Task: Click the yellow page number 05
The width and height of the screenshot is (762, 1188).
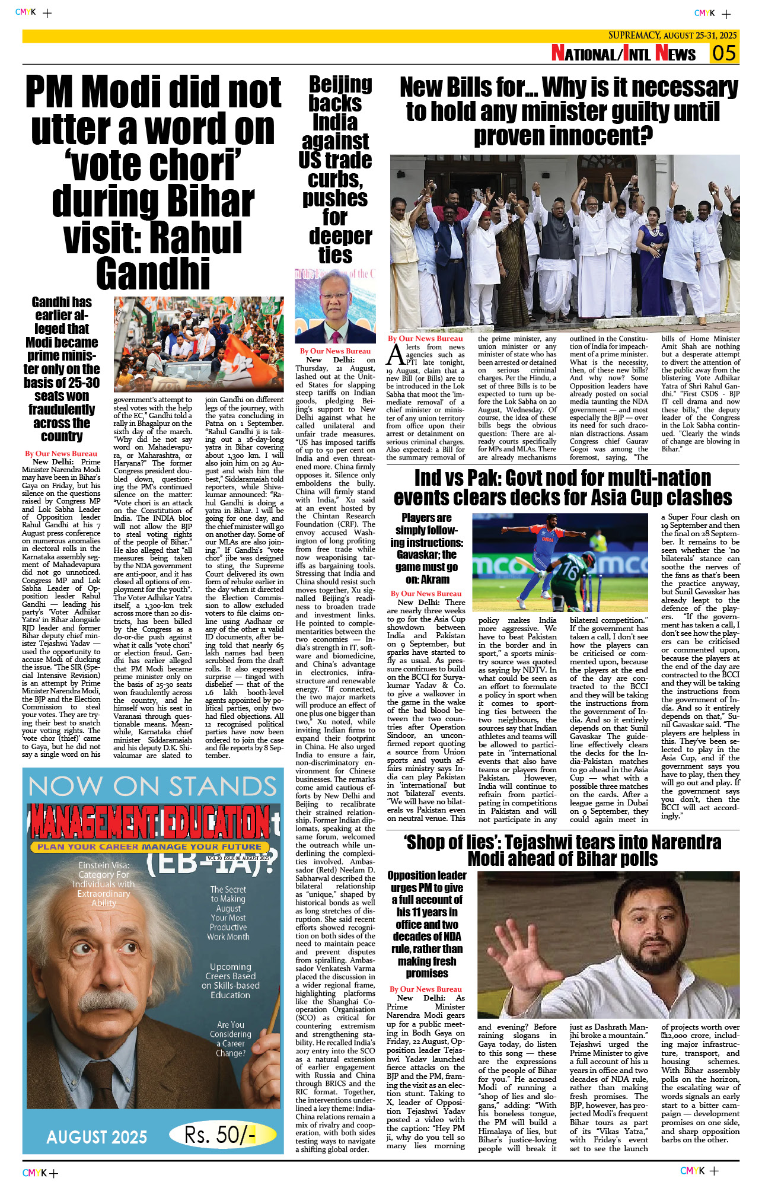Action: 724,53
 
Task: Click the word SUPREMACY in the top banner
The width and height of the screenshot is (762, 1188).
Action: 635,36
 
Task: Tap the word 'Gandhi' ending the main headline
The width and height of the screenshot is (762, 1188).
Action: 153,273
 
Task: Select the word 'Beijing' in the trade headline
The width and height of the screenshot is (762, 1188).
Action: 340,85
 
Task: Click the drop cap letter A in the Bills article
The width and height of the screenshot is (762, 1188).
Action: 396,355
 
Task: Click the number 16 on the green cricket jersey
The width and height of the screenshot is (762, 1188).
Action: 570,572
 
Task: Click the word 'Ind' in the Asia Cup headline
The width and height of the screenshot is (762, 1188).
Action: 431,477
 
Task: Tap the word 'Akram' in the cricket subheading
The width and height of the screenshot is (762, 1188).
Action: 435,579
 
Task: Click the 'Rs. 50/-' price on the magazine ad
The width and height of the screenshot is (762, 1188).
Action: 220,1135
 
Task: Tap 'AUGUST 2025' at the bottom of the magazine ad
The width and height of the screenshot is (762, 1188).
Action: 97,1136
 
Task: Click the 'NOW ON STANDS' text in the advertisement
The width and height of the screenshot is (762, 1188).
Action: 152,787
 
